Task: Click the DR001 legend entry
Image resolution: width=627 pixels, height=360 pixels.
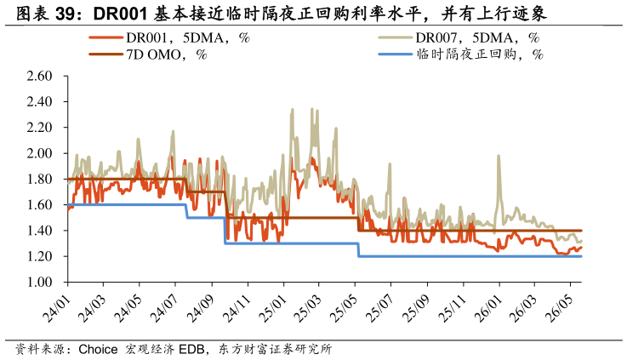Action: tap(169, 37)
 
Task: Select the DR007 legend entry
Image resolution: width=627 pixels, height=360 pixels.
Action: tap(459, 37)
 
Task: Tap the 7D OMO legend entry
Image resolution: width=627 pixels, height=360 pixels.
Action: tap(148, 54)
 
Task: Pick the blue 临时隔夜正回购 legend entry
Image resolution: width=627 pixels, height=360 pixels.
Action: tap(460, 54)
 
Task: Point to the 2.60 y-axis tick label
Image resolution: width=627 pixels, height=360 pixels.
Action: tap(40, 76)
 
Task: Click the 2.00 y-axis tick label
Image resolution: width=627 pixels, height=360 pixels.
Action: tap(40, 153)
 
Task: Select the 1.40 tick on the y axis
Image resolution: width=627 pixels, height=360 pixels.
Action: tap(40, 231)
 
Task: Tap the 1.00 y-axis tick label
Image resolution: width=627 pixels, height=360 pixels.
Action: tap(40, 282)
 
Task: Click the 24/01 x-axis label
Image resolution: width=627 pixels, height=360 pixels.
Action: tap(57, 309)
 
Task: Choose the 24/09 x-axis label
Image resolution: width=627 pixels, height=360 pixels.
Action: tap(201, 309)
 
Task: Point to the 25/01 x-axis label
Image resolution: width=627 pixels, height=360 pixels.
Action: tap(273, 309)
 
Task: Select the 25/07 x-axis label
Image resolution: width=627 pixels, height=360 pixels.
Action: tap(380, 309)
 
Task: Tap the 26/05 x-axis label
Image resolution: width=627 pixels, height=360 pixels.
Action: tap(560, 309)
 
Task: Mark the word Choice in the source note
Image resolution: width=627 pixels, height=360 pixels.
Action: tap(98, 349)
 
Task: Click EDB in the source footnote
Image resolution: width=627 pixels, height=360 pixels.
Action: tap(191, 349)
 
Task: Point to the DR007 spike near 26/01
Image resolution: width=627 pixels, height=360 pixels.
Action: tap(499, 156)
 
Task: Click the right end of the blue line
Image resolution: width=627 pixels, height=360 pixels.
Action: tap(581, 256)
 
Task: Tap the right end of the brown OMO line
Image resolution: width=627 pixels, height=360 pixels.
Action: tap(581, 231)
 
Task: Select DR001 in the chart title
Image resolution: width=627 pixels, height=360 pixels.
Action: tap(120, 14)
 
